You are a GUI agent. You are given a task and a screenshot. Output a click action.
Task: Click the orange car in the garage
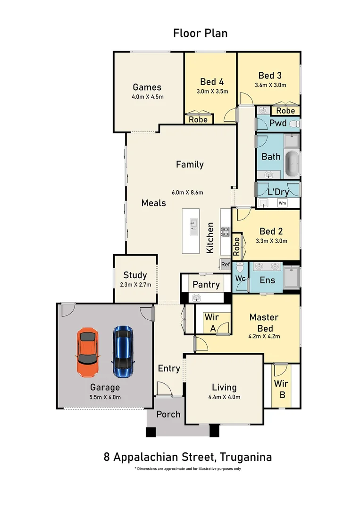coord(88,353)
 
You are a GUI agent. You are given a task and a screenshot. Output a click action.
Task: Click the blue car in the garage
coord(123,352)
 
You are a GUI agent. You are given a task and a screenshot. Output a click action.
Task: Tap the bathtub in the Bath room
coord(292,163)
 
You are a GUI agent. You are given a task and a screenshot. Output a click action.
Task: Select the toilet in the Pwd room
coord(294,124)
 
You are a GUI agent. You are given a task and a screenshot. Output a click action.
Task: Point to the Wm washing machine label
coord(283,203)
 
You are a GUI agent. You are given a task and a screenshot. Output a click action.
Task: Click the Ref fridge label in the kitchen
coord(225,264)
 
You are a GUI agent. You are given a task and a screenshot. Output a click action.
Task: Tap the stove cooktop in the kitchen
coord(226,231)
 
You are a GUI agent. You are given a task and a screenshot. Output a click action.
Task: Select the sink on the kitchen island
coord(194,226)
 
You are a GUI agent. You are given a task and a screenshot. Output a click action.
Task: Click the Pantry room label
coord(206,285)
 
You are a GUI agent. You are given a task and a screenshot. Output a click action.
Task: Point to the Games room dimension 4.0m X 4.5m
coord(148,97)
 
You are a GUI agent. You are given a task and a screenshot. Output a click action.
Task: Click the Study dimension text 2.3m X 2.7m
coord(135,285)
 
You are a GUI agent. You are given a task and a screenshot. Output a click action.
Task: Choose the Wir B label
coord(281,389)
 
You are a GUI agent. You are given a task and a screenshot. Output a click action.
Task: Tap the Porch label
coord(168,415)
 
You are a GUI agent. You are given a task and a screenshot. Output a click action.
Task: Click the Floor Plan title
coord(200,33)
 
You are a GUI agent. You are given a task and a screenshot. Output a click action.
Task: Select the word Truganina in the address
coord(246,457)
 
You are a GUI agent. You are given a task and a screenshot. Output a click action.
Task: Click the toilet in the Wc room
coord(240,267)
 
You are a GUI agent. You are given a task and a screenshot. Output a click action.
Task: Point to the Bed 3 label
coord(270,76)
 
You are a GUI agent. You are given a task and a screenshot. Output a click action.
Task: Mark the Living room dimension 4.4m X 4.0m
coord(224,397)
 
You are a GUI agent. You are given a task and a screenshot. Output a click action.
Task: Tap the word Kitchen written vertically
coord(210,238)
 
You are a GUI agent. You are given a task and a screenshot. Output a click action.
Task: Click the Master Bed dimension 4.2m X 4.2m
coord(264,336)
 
